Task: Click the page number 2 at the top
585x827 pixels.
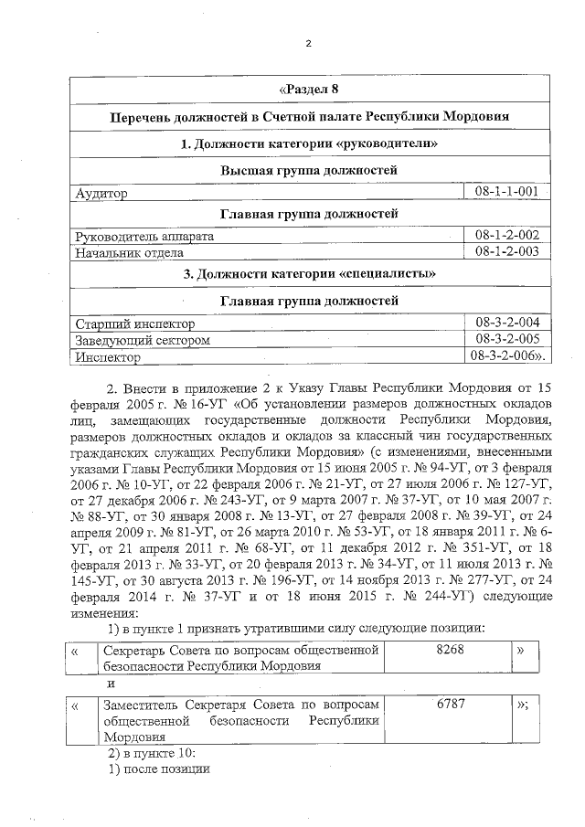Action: [x=308, y=43]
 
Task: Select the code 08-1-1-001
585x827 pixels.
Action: [x=505, y=193]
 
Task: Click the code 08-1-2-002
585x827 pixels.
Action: [x=505, y=236]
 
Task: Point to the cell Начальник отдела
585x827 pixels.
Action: [x=129, y=252]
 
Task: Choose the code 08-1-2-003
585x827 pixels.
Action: [x=505, y=251]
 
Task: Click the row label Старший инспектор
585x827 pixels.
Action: [x=135, y=323]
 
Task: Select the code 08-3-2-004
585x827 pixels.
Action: [x=505, y=323]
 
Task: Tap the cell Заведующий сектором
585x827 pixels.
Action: [x=143, y=340]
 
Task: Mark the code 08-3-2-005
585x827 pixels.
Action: [x=505, y=339]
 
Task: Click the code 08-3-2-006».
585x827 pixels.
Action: [x=508, y=355]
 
